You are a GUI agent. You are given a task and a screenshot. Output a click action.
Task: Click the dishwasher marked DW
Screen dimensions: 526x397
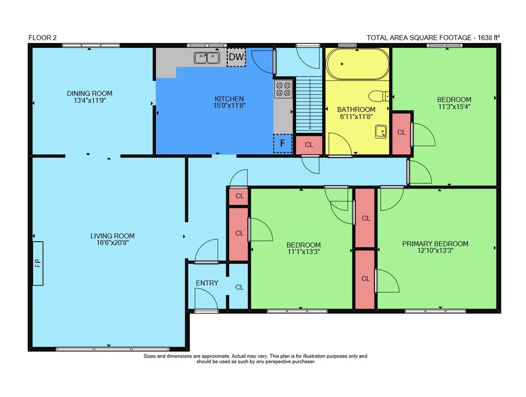point(236,57)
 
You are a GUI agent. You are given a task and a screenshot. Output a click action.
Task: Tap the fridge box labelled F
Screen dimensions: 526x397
point(283,143)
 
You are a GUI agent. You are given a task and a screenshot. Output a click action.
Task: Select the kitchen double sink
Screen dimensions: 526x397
point(207,58)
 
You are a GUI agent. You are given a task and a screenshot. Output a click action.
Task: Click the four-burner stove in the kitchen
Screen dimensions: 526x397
point(283,89)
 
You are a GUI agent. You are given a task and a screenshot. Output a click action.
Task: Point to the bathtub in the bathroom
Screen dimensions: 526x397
point(358,64)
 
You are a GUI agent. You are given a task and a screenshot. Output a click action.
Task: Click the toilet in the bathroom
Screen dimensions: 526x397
point(379,96)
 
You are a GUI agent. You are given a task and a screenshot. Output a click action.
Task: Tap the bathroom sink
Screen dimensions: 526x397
point(381,131)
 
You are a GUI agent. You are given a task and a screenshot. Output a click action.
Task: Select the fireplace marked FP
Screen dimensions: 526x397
point(38,263)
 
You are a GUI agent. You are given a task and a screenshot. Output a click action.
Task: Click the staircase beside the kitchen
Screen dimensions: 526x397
point(309,104)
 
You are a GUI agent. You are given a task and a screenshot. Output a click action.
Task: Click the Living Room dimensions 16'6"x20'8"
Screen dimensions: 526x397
point(113,243)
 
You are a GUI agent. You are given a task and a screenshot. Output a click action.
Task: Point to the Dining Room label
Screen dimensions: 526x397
point(89,93)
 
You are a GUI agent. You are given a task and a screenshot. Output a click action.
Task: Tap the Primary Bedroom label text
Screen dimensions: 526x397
point(435,244)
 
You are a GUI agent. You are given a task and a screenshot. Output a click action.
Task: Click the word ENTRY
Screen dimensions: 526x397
point(207,283)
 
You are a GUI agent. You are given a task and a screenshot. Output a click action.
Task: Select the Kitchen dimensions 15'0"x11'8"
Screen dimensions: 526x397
point(229,106)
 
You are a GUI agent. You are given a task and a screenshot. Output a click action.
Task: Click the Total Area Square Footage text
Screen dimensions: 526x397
point(433,37)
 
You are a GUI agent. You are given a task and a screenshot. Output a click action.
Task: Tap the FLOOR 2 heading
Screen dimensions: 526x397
point(43,37)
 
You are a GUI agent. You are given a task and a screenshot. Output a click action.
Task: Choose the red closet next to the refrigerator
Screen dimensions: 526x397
point(309,145)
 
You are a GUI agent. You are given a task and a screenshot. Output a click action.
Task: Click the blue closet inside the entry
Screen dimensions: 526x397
point(239,287)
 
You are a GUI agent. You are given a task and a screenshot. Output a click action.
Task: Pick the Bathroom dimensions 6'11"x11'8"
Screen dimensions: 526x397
point(356,117)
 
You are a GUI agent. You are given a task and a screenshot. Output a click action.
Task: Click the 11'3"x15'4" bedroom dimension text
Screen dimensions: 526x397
point(454,107)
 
